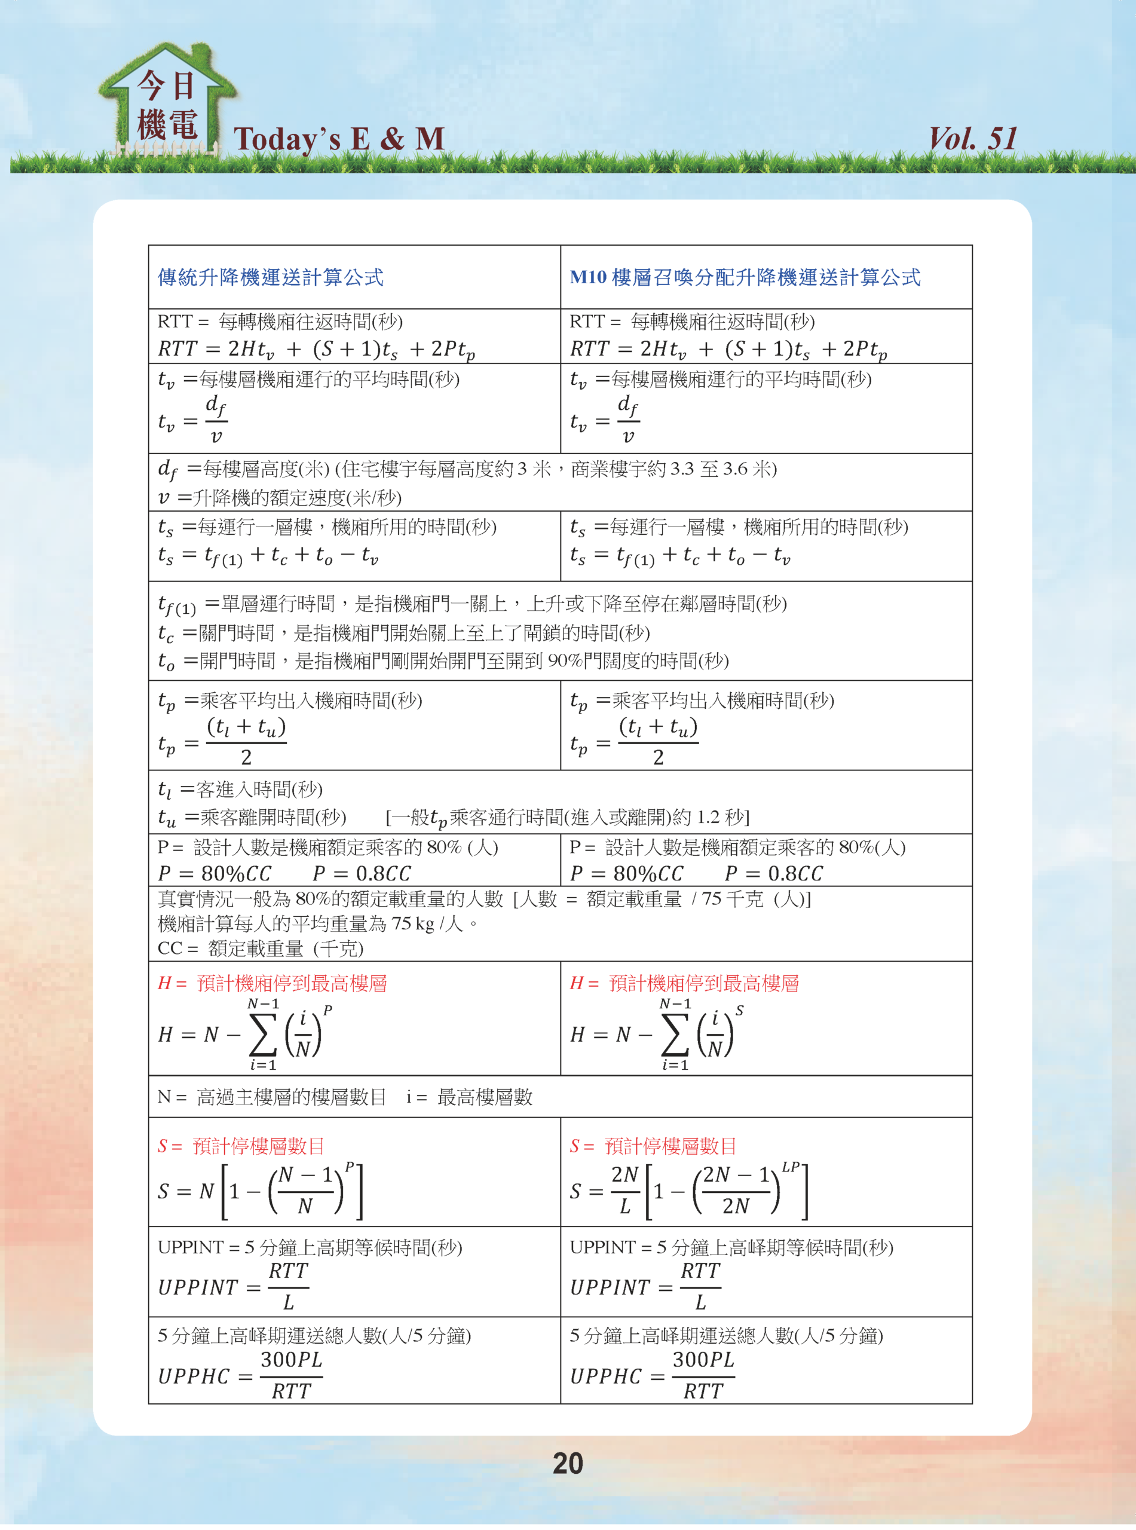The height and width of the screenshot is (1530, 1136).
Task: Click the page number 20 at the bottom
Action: click(x=567, y=1462)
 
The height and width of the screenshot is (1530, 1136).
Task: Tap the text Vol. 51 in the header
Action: click(x=972, y=139)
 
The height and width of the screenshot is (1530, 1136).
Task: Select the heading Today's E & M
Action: click(x=339, y=139)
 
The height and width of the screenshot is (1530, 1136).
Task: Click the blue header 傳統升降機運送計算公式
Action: click(x=271, y=277)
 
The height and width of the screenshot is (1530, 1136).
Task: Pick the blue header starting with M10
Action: click(x=745, y=277)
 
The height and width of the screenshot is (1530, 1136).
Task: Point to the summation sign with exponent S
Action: click(x=674, y=1033)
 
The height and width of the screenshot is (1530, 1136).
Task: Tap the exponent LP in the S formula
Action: click(x=791, y=1166)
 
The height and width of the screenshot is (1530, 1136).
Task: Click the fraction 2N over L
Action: click(x=624, y=1191)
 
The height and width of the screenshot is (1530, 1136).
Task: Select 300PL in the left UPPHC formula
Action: click(x=292, y=1360)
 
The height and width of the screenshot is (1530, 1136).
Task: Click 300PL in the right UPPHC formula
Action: click(x=703, y=1360)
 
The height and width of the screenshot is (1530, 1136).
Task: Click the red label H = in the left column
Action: click(x=172, y=983)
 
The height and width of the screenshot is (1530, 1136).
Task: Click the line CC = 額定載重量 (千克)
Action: click(x=261, y=948)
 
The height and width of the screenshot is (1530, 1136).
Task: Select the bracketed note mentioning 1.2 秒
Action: click(x=567, y=817)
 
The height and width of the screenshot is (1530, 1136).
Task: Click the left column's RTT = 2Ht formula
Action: click(x=316, y=349)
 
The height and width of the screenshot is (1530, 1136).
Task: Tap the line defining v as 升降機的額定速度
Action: click(x=280, y=497)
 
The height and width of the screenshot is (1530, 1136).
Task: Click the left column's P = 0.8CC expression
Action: click(x=362, y=873)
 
